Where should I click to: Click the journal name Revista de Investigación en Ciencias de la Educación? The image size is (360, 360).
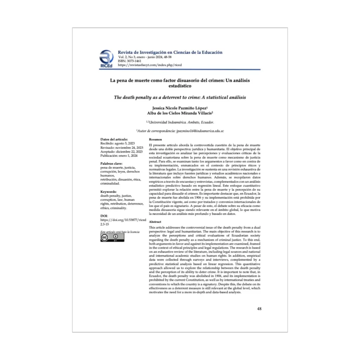170,53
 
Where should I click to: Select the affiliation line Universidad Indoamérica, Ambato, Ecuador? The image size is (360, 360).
180,122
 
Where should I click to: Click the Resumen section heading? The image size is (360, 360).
155,139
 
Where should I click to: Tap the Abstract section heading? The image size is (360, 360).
155,222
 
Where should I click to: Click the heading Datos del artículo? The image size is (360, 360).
114,139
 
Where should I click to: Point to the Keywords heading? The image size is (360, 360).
109,192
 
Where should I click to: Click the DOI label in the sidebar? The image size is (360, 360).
104,216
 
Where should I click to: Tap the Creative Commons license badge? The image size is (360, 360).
112,238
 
